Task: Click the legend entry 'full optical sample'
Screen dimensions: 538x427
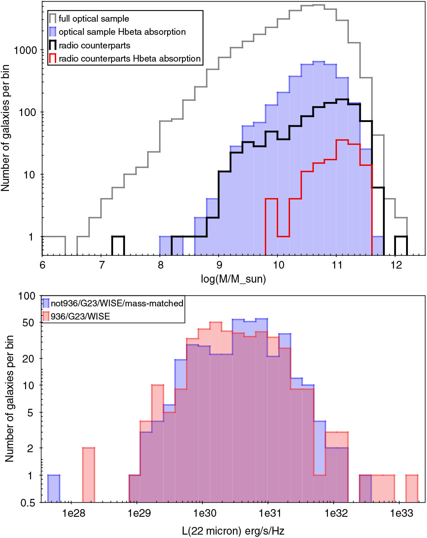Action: (94, 19)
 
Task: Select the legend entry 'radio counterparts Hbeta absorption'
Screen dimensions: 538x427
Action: (130, 59)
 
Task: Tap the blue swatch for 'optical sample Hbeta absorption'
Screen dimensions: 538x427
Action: (53, 32)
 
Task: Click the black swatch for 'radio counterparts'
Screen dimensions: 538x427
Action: (53, 45)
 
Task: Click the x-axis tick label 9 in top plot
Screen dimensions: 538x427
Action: (219, 266)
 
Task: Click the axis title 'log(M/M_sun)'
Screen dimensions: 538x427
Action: (233, 279)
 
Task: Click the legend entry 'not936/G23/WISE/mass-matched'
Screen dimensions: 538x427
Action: (117, 303)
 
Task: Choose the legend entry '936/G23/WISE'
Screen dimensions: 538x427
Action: (80, 316)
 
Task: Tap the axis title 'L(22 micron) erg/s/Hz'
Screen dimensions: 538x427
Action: (233, 530)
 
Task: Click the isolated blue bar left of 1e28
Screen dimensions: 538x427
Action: (54, 489)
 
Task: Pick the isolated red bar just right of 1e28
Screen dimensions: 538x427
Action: (88, 475)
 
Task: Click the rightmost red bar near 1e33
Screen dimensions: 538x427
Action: (412, 489)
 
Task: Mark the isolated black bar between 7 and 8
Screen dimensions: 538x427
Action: (118, 246)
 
